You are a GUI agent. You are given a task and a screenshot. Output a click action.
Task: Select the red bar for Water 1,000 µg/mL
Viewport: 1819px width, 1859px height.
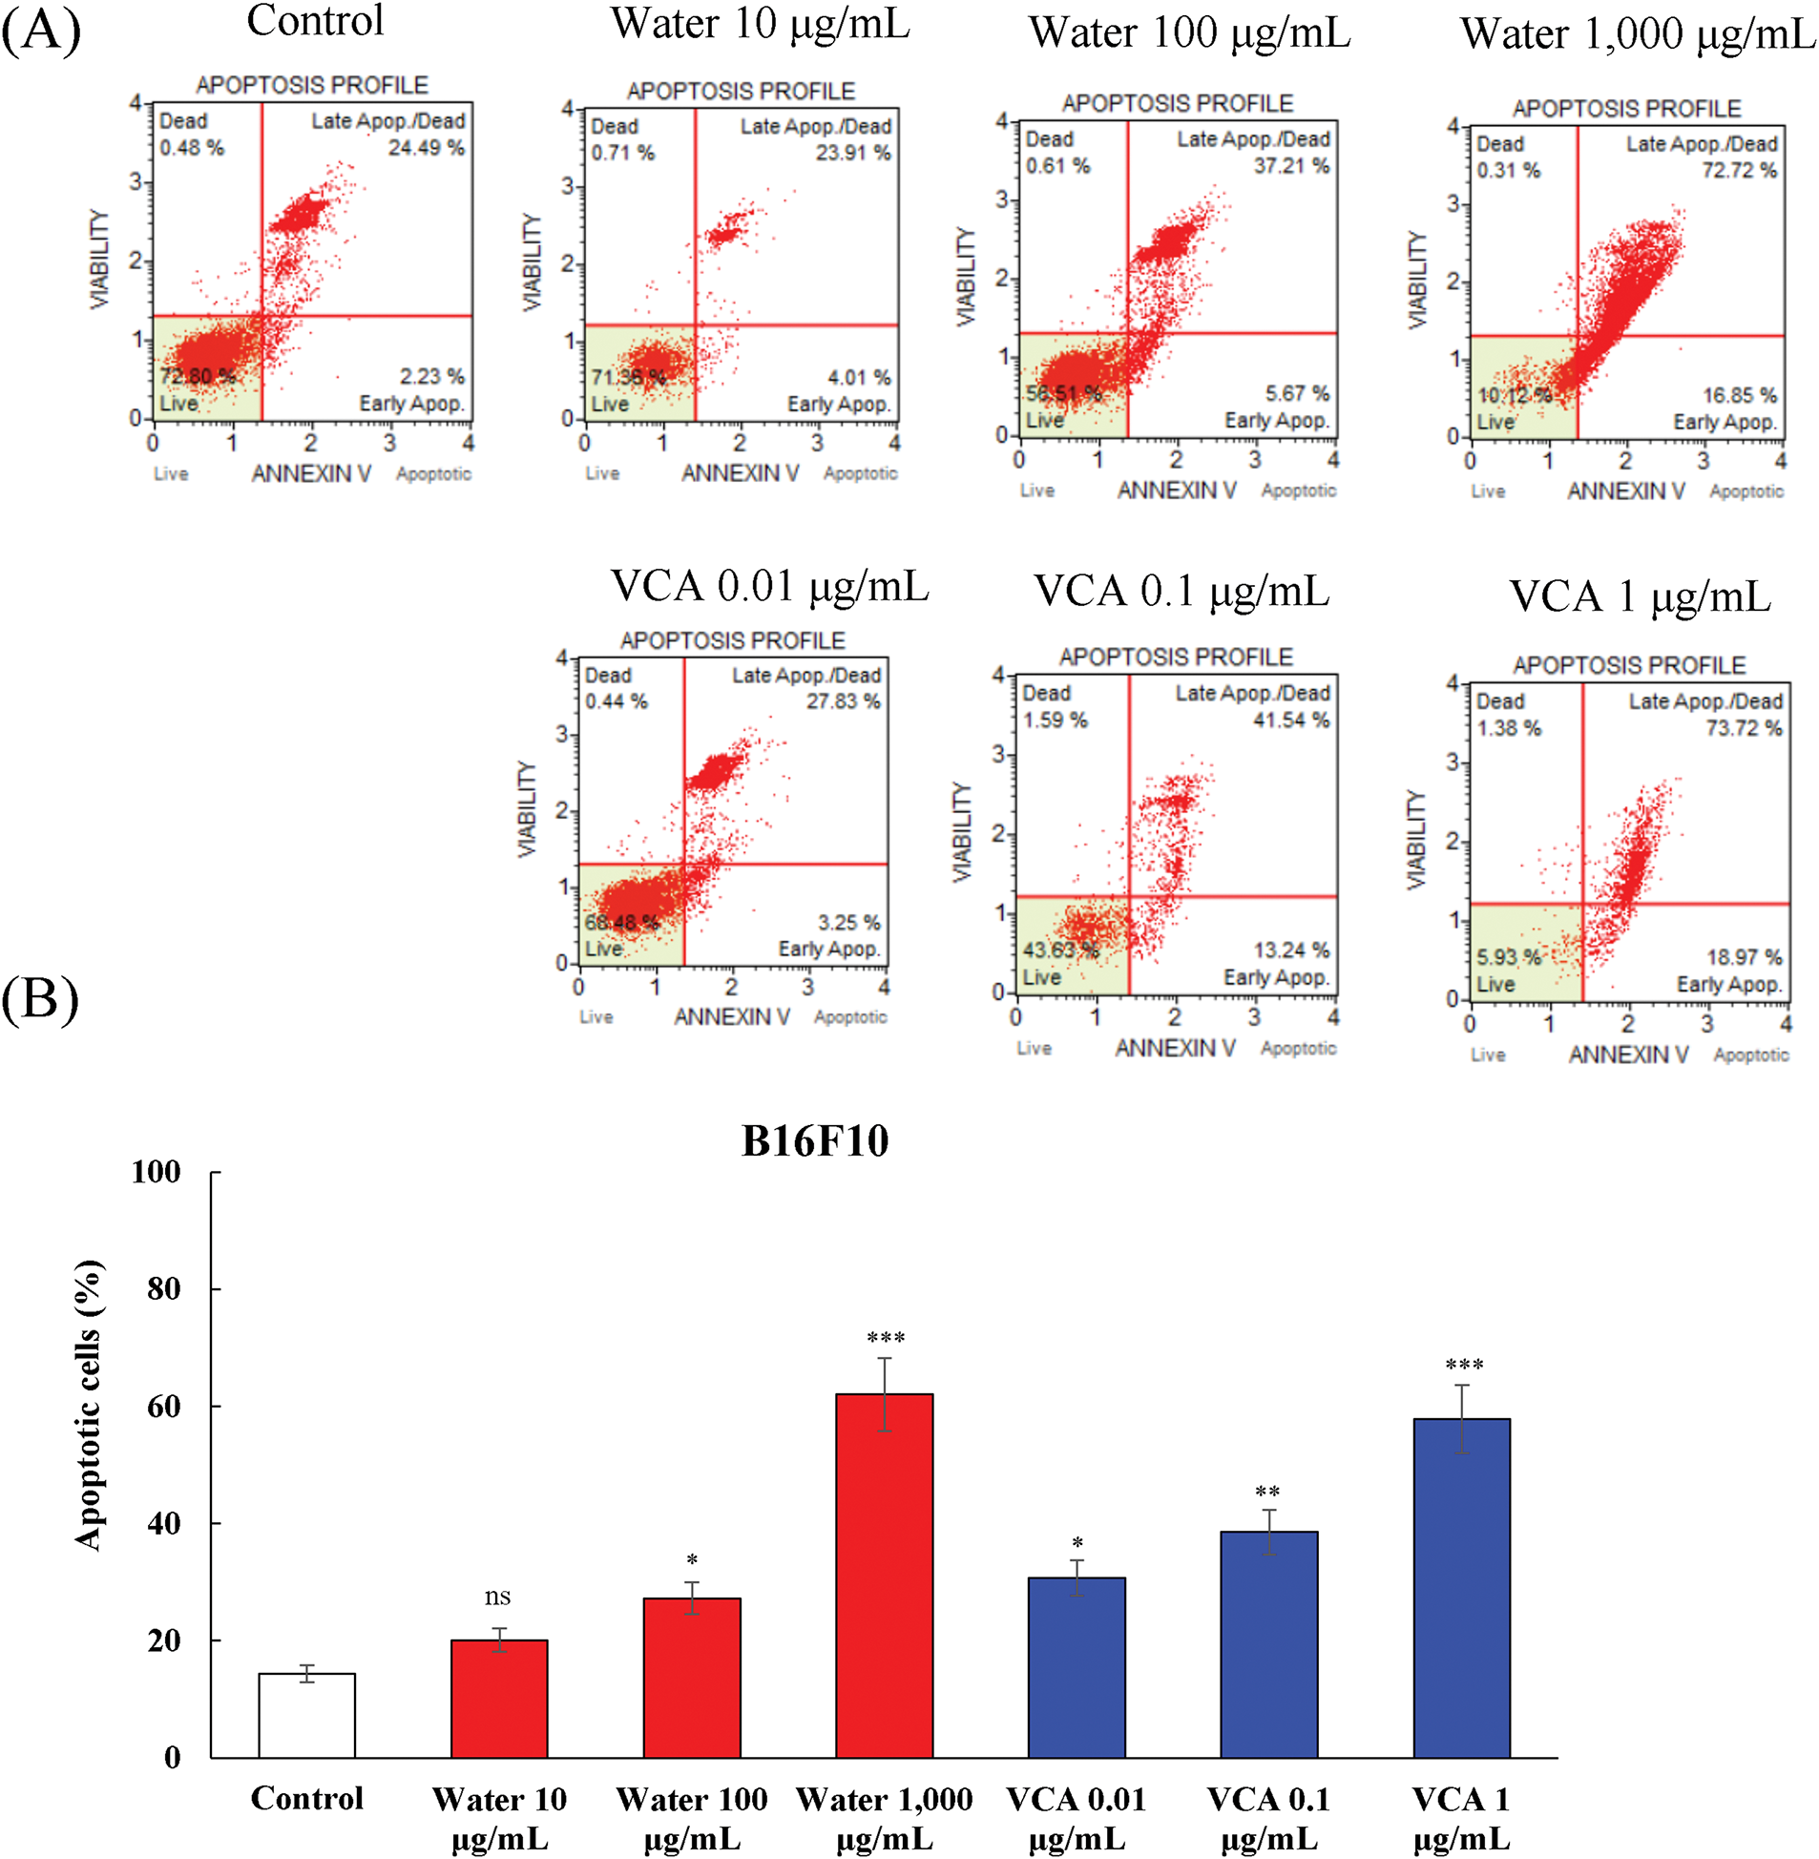coord(884,1576)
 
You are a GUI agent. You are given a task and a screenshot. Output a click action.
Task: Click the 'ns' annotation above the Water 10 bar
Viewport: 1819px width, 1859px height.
coord(498,1597)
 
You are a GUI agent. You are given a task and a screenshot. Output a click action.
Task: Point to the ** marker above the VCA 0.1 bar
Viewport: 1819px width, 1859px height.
coord(1267,1493)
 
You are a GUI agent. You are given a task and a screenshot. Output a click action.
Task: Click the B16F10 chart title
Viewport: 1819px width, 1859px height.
coord(815,1140)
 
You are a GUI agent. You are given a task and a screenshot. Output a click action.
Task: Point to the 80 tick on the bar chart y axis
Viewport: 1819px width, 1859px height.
coord(164,1288)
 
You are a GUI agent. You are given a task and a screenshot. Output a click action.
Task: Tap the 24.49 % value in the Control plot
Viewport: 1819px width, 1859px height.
coord(426,147)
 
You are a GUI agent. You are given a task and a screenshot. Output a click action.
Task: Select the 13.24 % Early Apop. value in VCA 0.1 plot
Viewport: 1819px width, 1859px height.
coord(1291,950)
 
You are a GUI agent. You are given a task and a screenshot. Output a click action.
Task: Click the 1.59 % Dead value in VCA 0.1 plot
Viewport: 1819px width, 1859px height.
coord(1055,720)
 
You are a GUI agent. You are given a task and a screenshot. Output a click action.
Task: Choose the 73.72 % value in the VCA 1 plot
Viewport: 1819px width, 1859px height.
coord(1744,728)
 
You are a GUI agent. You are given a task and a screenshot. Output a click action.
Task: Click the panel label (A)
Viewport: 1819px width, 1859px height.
coord(41,31)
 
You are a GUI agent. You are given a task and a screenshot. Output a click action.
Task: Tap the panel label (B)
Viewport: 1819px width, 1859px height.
coord(40,999)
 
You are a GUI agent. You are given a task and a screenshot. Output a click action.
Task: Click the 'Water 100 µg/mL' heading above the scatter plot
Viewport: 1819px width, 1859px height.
coord(1189,33)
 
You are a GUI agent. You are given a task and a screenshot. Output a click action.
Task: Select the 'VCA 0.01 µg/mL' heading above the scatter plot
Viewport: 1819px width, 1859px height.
coord(769,587)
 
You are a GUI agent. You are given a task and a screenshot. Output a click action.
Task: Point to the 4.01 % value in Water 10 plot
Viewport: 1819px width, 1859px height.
coord(859,377)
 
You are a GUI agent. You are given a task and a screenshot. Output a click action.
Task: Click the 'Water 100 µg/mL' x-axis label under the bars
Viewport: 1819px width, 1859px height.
coord(692,1818)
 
